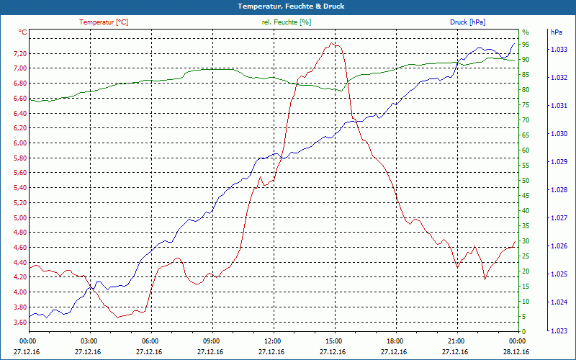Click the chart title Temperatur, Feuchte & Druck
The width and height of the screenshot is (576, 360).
point(288,6)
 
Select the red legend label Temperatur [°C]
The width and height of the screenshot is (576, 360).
point(104,22)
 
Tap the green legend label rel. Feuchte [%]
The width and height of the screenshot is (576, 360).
point(287,22)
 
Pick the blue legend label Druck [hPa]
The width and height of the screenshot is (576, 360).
point(468,22)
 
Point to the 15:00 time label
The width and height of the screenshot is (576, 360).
point(333,341)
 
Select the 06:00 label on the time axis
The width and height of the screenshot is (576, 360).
point(150,341)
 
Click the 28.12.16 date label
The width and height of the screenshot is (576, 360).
point(516,351)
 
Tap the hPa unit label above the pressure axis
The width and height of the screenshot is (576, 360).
point(556,32)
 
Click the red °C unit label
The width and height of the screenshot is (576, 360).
point(22,32)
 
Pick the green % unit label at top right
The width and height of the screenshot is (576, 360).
point(526,32)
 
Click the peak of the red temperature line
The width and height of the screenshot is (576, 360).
point(333,42)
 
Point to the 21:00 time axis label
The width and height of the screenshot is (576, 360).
point(455,341)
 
